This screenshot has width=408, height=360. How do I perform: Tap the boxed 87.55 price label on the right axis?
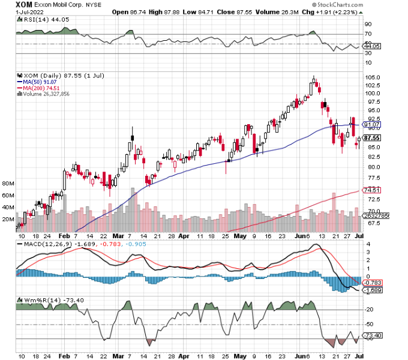[x=376, y=137]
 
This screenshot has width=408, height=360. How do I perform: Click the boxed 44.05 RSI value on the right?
[x=376, y=46]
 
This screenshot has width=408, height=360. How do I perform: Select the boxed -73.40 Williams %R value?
[x=376, y=335]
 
